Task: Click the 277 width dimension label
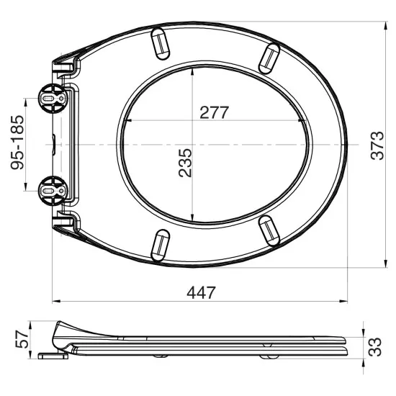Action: tap(214, 112)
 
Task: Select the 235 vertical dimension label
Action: tap(186, 164)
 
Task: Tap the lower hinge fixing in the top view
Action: tap(51, 190)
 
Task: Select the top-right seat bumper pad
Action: tap(269, 56)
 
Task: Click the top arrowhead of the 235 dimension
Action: tap(194, 68)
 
